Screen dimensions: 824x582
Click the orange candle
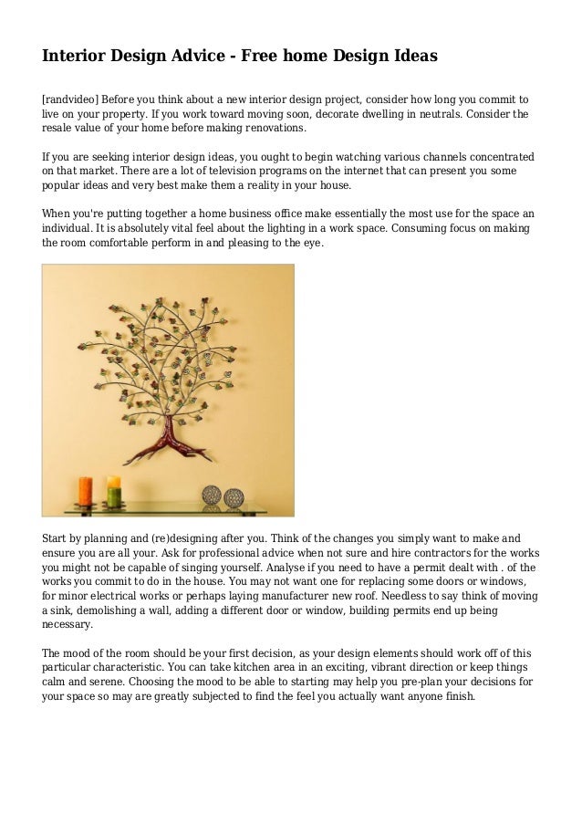click(86, 492)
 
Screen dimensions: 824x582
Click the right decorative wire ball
click(234, 498)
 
